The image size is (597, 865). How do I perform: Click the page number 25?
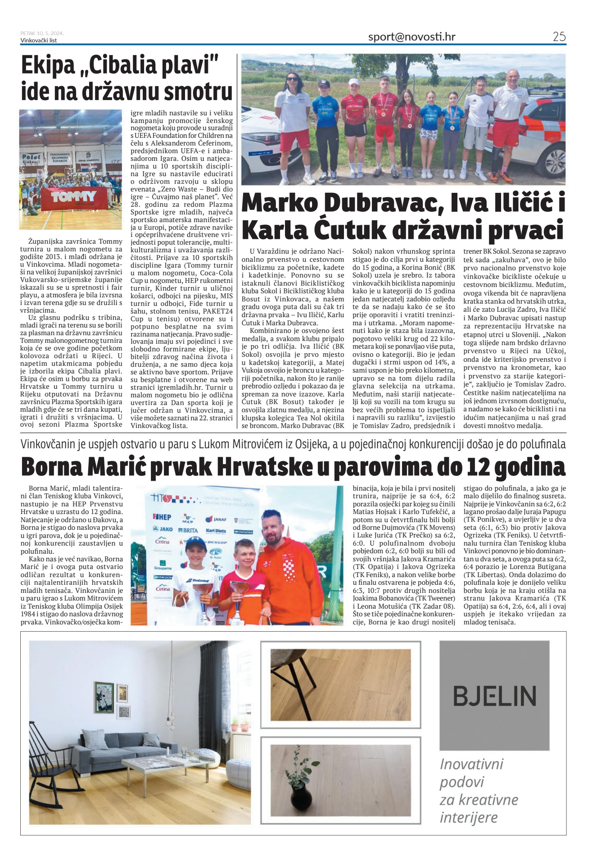(x=559, y=37)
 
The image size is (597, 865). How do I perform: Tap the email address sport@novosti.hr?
(x=412, y=37)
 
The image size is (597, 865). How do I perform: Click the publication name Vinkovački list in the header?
(x=39, y=41)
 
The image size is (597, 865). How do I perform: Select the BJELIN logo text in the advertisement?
(x=494, y=696)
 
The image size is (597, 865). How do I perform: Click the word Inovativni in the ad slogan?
(x=471, y=764)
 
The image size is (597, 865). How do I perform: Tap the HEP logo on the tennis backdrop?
(x=162, y=517)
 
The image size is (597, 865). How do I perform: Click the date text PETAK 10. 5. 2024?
(x=42, y=33)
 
